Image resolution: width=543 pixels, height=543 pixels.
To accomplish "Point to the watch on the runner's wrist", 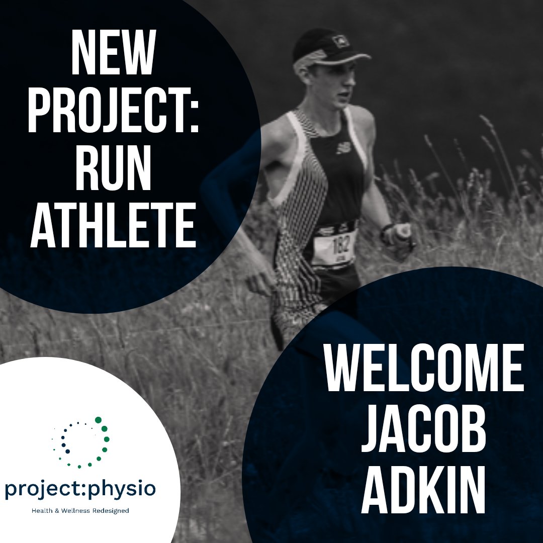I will click(386, 232).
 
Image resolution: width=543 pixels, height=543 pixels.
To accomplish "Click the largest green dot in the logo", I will click(99, 420).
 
